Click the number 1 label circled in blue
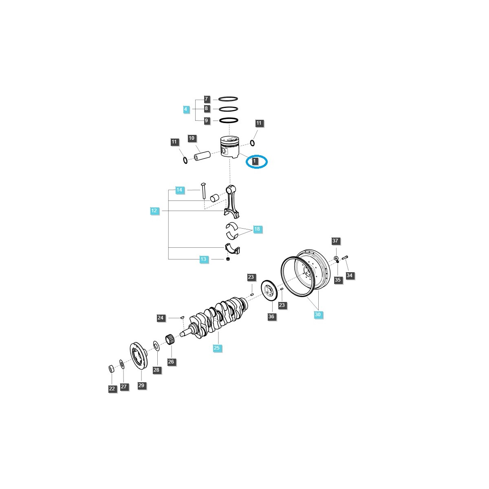(x=255, y=161)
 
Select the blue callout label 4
(x=186, y=109)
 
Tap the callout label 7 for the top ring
(x=207, y=99)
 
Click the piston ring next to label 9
(x=229, y=121)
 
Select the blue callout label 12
(x=154, y=211)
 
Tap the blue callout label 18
(x=257, y=229)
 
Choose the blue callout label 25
(x=217, y=348)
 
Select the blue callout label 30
(x=318, y=315)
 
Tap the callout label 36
(x=271, y=317)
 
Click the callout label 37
(x=335, y=241)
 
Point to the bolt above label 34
(x=345, y=257)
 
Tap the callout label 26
(x=171, y=361)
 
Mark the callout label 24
(x=161, y=318)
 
